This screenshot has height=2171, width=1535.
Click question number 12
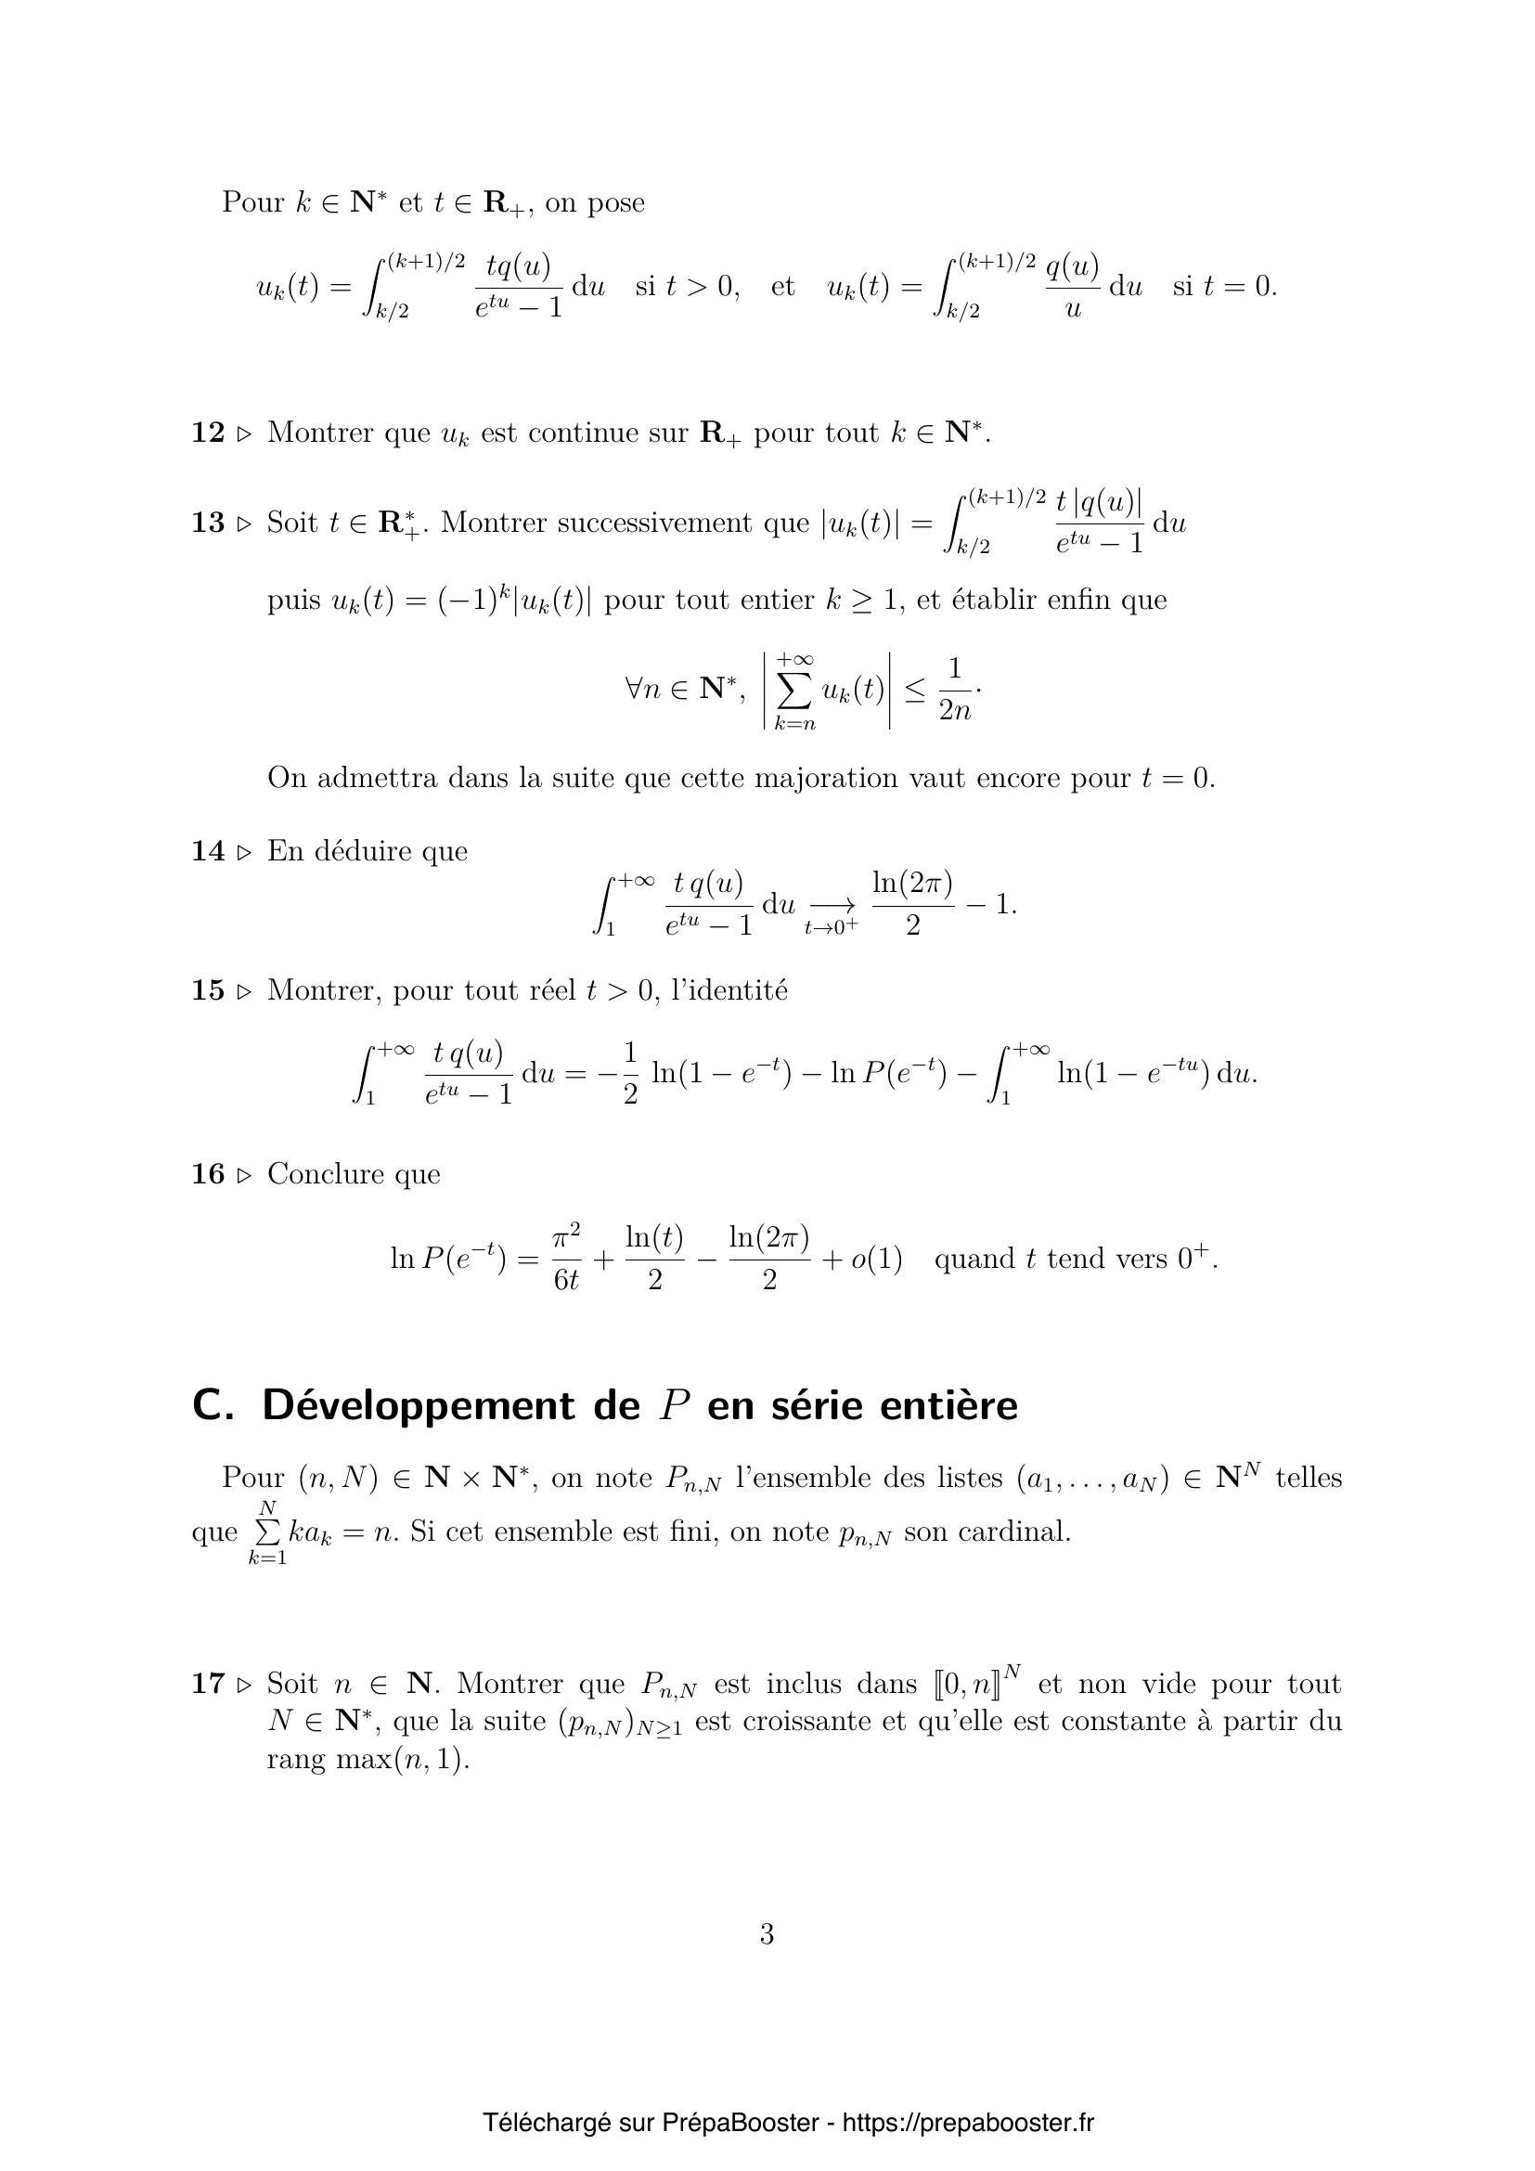(208, 433)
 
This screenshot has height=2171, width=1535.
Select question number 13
(208, 523)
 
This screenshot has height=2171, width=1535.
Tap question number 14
(208, 851)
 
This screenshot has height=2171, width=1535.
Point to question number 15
(208, 990)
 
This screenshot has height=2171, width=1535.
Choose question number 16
(208, 1173)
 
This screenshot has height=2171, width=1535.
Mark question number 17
(208, 1683)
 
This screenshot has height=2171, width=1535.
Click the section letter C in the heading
(207, 1405)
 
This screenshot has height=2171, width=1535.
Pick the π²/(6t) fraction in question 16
(565, 1258)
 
